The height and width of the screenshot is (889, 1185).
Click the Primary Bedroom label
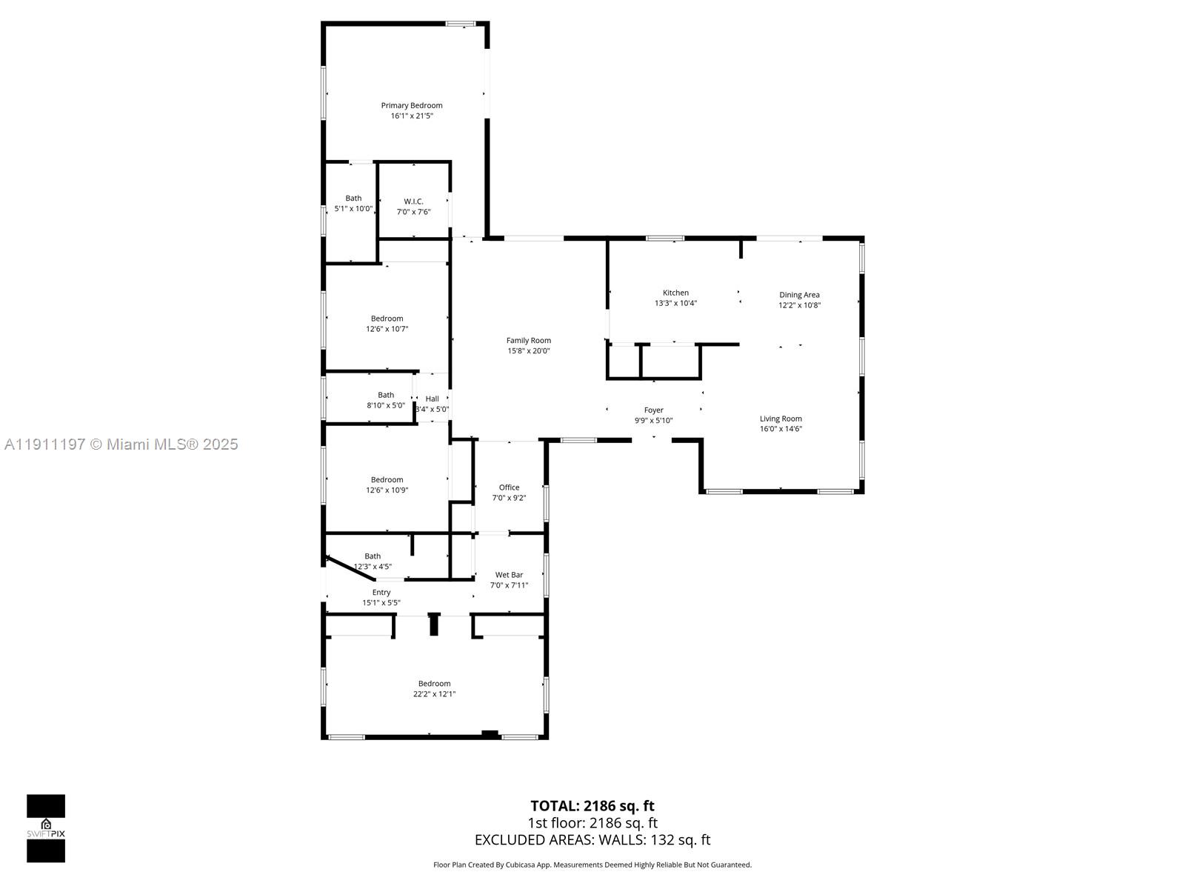412,105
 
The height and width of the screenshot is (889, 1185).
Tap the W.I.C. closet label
413,202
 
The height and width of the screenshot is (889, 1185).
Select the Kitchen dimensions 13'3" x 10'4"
675,303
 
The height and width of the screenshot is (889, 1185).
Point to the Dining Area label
799,295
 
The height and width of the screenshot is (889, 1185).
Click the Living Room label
781,419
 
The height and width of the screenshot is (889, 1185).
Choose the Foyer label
653,410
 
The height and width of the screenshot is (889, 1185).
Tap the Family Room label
529,341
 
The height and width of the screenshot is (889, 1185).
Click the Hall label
432,399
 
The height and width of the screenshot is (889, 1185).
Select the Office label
509,487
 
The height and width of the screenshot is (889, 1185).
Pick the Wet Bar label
509,575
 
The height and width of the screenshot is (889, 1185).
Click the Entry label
381,593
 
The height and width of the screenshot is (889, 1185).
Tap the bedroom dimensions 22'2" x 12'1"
434,694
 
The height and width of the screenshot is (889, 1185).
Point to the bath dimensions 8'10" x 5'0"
386,405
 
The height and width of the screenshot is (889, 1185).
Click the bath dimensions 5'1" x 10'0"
353,209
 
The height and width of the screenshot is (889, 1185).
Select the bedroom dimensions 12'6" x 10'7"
387,329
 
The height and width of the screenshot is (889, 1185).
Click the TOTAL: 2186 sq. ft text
592,806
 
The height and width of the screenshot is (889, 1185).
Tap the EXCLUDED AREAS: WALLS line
592,840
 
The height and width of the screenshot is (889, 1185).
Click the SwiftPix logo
46,828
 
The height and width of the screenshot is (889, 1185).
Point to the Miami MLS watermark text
121,444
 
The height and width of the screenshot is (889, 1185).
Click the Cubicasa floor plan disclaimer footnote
592,865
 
